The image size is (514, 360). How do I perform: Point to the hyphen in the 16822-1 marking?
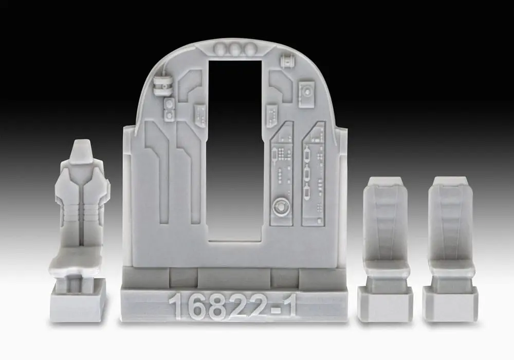273,309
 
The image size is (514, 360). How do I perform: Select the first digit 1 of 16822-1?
176,307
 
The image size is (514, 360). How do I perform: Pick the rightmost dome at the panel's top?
250,50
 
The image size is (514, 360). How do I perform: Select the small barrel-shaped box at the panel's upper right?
286,63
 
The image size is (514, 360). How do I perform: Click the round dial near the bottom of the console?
281,207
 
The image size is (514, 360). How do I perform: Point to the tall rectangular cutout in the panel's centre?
236,149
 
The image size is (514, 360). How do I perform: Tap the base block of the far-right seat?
450,303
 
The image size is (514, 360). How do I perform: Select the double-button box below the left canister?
169,109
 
